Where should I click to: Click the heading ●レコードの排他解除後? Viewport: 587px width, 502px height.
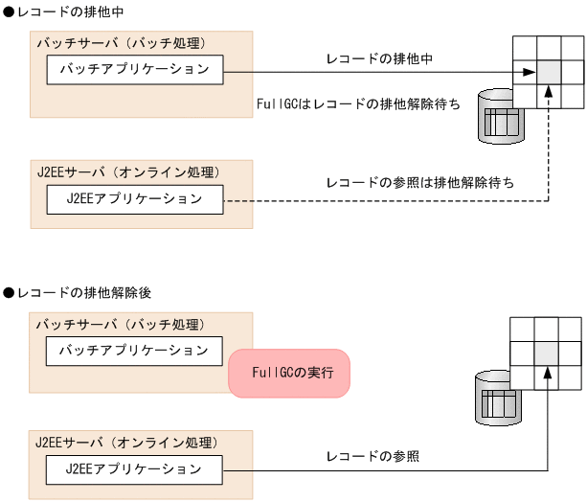point(79,291)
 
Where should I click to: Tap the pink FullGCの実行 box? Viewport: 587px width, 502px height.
point(289,373)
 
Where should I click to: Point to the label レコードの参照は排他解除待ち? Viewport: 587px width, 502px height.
point(420,181)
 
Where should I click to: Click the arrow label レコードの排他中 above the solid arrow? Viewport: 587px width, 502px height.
point(380,58)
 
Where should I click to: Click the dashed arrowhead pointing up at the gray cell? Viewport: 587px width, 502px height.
point(549,91)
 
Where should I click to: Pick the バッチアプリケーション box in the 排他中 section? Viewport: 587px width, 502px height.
point(134,70)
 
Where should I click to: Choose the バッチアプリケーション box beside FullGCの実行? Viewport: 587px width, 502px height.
point(134,351)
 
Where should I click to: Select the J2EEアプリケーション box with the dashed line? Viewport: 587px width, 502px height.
point(134,199)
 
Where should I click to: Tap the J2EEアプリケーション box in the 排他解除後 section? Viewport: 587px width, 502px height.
point(134,468)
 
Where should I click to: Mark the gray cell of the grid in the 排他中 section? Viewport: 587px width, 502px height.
point(549,71)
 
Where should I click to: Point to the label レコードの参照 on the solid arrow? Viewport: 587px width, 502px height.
point(373,456)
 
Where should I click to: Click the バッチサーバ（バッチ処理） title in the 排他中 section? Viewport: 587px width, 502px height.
point(122,44)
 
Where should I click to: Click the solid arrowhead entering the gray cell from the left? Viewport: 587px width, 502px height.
point(529,71)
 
